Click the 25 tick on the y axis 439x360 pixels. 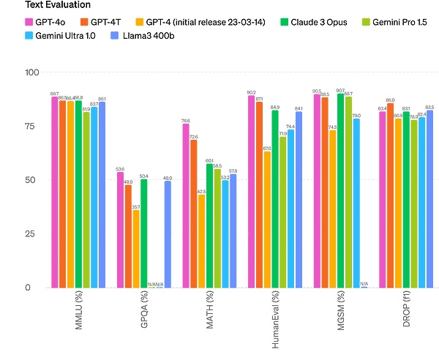(x=33, y=233)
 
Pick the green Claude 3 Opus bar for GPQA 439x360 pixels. (x=144, y=233)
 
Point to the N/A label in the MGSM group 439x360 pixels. (x=364, y=283)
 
